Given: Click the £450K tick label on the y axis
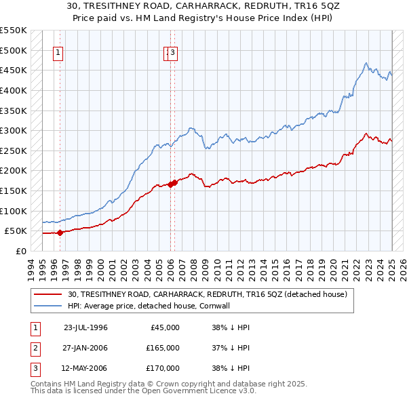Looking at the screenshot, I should (14, 70).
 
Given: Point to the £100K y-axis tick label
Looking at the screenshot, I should (14, 211).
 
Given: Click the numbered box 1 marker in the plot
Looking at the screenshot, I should (58, 54).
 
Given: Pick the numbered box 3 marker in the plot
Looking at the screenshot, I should (172, 54).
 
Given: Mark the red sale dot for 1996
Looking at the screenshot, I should (60, 233).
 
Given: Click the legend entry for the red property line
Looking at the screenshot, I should (207, 294).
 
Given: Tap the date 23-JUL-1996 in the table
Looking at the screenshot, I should (85, 327).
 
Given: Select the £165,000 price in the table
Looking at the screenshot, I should (163, 348).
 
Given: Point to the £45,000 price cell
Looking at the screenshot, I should (165, 327).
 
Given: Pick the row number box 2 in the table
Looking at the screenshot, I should (34, 348).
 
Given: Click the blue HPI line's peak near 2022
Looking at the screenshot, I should (366, 63).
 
